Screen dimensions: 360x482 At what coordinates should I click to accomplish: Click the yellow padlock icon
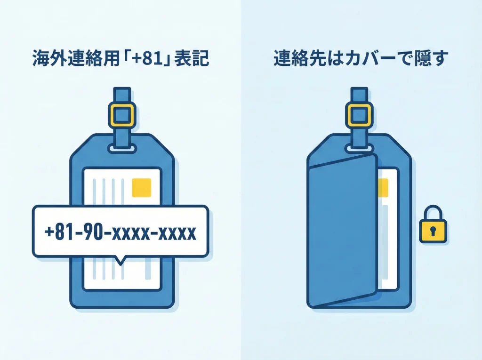click(x=433, y=225)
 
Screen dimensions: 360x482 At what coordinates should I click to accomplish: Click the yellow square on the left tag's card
click(x=142, y=188)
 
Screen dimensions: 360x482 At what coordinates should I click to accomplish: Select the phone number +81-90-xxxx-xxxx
click(x=120, y=232)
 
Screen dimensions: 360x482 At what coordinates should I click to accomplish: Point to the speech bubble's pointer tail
click(x=120, y=260)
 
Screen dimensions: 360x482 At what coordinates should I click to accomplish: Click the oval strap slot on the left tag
click(x=121, y=149)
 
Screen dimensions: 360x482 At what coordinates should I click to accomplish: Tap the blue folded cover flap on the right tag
click(x=341, y=231)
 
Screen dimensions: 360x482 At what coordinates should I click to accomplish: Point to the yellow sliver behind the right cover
click(x=383, y=188)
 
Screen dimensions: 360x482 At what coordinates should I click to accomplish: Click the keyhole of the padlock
click(x=433, y=231)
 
